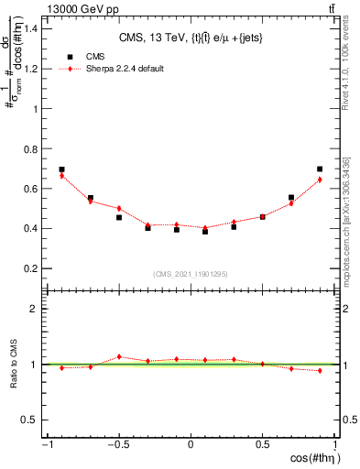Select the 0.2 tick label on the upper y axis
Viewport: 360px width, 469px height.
[31, 268]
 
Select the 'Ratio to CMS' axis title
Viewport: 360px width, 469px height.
[13, 370]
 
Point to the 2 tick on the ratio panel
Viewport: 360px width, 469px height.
[35, 309]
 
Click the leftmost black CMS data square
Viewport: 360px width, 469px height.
[61, 169]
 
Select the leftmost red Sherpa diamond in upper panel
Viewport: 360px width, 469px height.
[61, 176]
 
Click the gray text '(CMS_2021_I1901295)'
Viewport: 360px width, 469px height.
[191, 274]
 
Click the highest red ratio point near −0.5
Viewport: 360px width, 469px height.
[119, 357]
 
